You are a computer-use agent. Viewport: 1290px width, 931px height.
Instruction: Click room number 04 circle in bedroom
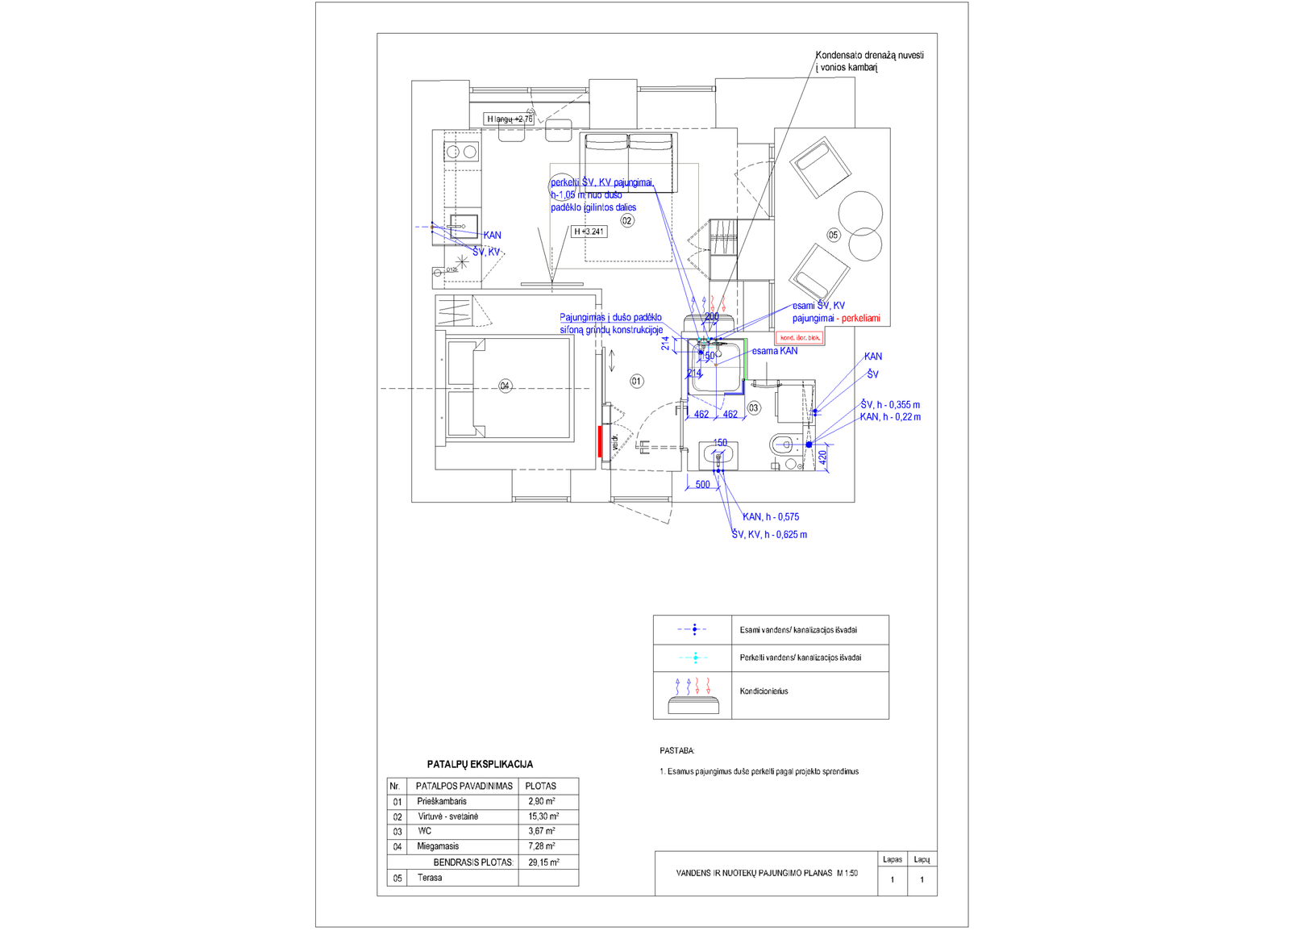(x=505, y=386)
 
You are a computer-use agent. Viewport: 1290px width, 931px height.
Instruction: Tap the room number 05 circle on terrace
(x=833, y=235)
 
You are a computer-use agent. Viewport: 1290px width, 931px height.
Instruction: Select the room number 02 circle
(x=626, y=220)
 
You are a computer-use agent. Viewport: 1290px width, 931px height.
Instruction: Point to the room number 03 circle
(x=754, y=408)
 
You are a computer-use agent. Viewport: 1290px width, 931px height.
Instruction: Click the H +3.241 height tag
(x=589, y=232)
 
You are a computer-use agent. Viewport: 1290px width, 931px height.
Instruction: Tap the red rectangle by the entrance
(x=601, y=441)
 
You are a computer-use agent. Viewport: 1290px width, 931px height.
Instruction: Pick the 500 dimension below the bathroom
(x=703, y=485)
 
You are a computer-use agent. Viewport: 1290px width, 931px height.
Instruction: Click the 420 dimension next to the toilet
(x=823, y=457)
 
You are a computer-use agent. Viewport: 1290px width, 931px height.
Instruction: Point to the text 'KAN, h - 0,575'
(x=771, y=517)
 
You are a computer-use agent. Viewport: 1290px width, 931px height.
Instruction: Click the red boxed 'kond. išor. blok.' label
(x=800, y=337)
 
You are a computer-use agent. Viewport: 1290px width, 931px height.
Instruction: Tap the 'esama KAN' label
(x=775, y=351)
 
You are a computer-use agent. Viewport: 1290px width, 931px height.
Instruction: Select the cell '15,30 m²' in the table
(x=543, y=816)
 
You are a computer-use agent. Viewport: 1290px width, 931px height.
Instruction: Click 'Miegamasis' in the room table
(x=438, y=846)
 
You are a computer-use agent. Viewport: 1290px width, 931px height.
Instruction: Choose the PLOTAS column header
(x=540, y=786)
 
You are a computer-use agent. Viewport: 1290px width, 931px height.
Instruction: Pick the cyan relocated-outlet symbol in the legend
(x=695, y=658)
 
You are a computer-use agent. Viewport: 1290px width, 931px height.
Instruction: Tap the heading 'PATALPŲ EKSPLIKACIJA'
(x=480, y=764)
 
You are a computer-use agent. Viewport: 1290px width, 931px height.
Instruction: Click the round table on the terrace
(x=860, y=213)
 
